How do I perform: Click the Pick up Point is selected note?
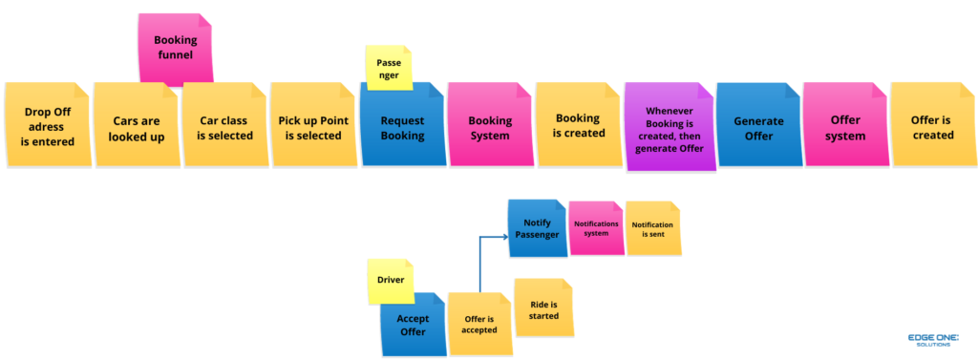(312, 127)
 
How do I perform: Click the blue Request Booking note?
(402, 127)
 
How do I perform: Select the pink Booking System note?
(489, 127)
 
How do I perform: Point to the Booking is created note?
(578, 126)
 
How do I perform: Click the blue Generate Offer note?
(758, 127)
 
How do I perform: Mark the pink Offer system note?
(845, 127)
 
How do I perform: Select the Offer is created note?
(932, 127)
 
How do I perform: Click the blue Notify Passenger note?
(537, 228)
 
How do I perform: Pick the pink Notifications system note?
(596, 228)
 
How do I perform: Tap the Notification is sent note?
(653, 228)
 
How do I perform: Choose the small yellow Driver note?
(391, 282)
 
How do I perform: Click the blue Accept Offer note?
(413, 325)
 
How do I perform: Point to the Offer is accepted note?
(479, 324)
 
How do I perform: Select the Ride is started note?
(543, 308)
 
